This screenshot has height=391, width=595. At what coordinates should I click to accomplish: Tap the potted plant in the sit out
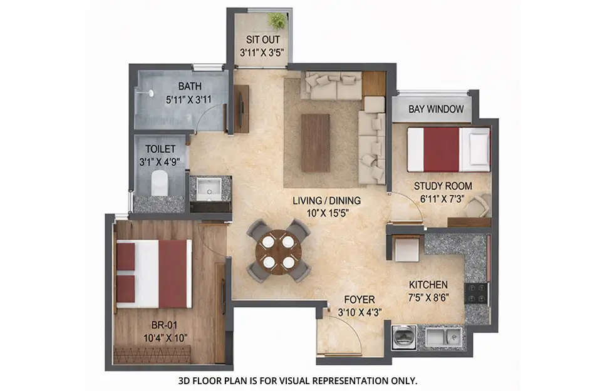pos(276,21)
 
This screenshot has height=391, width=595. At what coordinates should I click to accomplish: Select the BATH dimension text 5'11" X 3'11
pos(189,98)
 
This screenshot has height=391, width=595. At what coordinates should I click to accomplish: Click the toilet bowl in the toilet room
pos(160,183)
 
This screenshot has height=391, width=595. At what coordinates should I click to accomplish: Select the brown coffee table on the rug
pos(315,142)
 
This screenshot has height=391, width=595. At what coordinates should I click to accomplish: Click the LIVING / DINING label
pos(326,201)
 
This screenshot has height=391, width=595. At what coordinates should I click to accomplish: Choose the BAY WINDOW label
pos(436,109)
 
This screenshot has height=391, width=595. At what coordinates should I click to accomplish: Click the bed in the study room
pos(448,150)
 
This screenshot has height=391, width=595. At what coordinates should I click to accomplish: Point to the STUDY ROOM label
pos(443,186)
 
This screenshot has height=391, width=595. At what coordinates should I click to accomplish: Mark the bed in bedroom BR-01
pos(154,273)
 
